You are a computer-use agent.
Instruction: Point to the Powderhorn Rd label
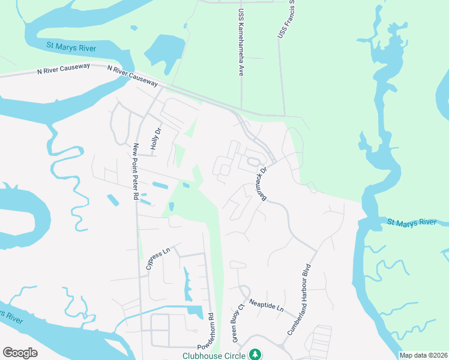(211, 331)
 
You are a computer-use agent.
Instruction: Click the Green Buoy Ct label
(238, 326)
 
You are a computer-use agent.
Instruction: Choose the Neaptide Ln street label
(267, 306)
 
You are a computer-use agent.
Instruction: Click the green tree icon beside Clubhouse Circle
(256, 355)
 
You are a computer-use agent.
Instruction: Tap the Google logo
(20, 353)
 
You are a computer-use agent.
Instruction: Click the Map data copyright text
(424, 355)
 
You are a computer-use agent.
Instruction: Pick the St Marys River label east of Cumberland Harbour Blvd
(412, 223)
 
